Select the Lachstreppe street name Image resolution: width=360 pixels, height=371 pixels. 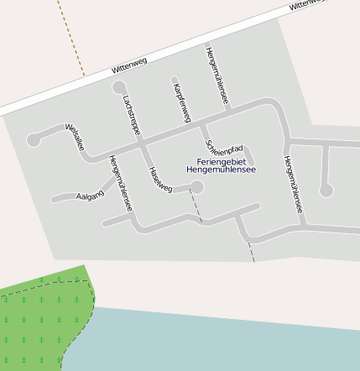(x=131, y=116)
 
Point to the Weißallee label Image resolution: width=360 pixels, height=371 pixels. (x=75, y=137)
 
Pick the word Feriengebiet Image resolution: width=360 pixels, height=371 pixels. (x=221, y=160)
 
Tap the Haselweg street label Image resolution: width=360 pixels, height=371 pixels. (x=160, y=180)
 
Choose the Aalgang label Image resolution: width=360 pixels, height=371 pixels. (x=90, y=196)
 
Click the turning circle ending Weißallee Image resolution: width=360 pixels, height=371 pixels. (x=33, y=140)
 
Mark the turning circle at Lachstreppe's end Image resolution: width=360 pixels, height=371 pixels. (x=119, y=87)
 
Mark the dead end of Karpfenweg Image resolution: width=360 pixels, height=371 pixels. (x=175, y=81)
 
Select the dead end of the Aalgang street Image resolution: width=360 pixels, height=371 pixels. (x=53, y=200)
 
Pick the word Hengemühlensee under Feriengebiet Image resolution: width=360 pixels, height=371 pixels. (x=221, y=170)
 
